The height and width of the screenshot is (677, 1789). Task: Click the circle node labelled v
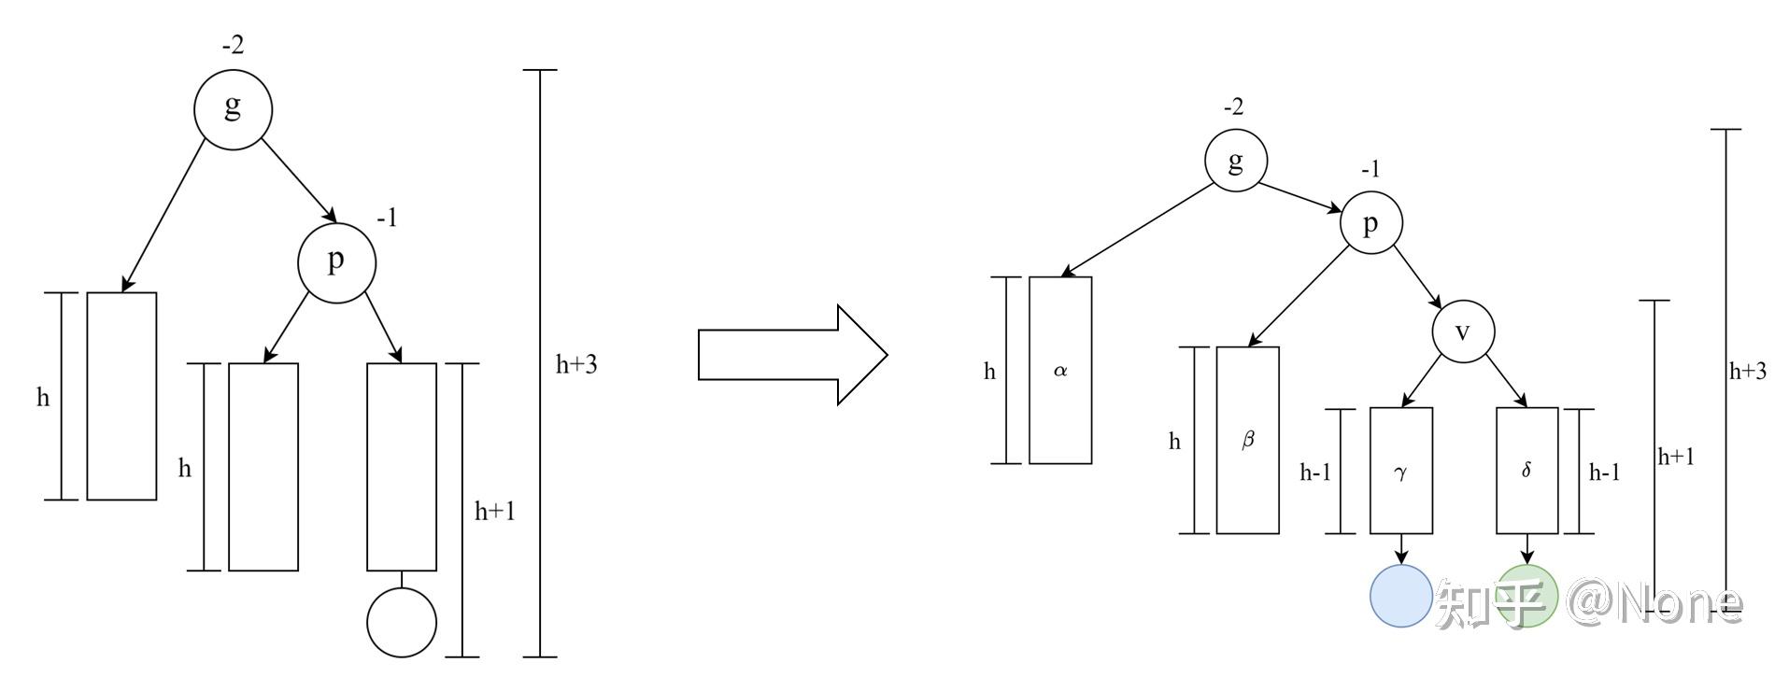pos(1463,331)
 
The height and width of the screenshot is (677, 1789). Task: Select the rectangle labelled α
pos(1060,370)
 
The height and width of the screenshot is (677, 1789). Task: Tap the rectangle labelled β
pos(1247,440)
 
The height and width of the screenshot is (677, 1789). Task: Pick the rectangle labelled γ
pos(1400,471)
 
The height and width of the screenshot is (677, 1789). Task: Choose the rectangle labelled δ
pos(1526,471)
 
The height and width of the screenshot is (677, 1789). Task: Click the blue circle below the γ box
pos(1400,596)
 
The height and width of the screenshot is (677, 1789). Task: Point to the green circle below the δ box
pos(1527,596)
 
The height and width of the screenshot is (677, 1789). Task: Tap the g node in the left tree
pos(233,109)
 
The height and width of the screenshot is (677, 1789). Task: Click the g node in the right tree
pos(1235,161)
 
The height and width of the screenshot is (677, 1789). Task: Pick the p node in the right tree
pos(1370,223)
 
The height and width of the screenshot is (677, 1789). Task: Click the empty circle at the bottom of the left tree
pos(402,623)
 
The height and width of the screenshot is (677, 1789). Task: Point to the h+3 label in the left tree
pos(575,365)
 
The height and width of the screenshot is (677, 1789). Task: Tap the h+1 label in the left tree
pos(494,511)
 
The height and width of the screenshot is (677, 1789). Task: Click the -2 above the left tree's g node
pos(233,44)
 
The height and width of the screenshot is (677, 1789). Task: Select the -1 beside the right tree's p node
pos(1370,169)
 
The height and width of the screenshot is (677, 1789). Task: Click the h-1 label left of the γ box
pos(1315,472)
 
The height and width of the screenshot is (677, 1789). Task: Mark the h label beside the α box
pos(989,372)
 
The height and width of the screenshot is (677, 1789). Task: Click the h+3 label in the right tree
pos(1747,372)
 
